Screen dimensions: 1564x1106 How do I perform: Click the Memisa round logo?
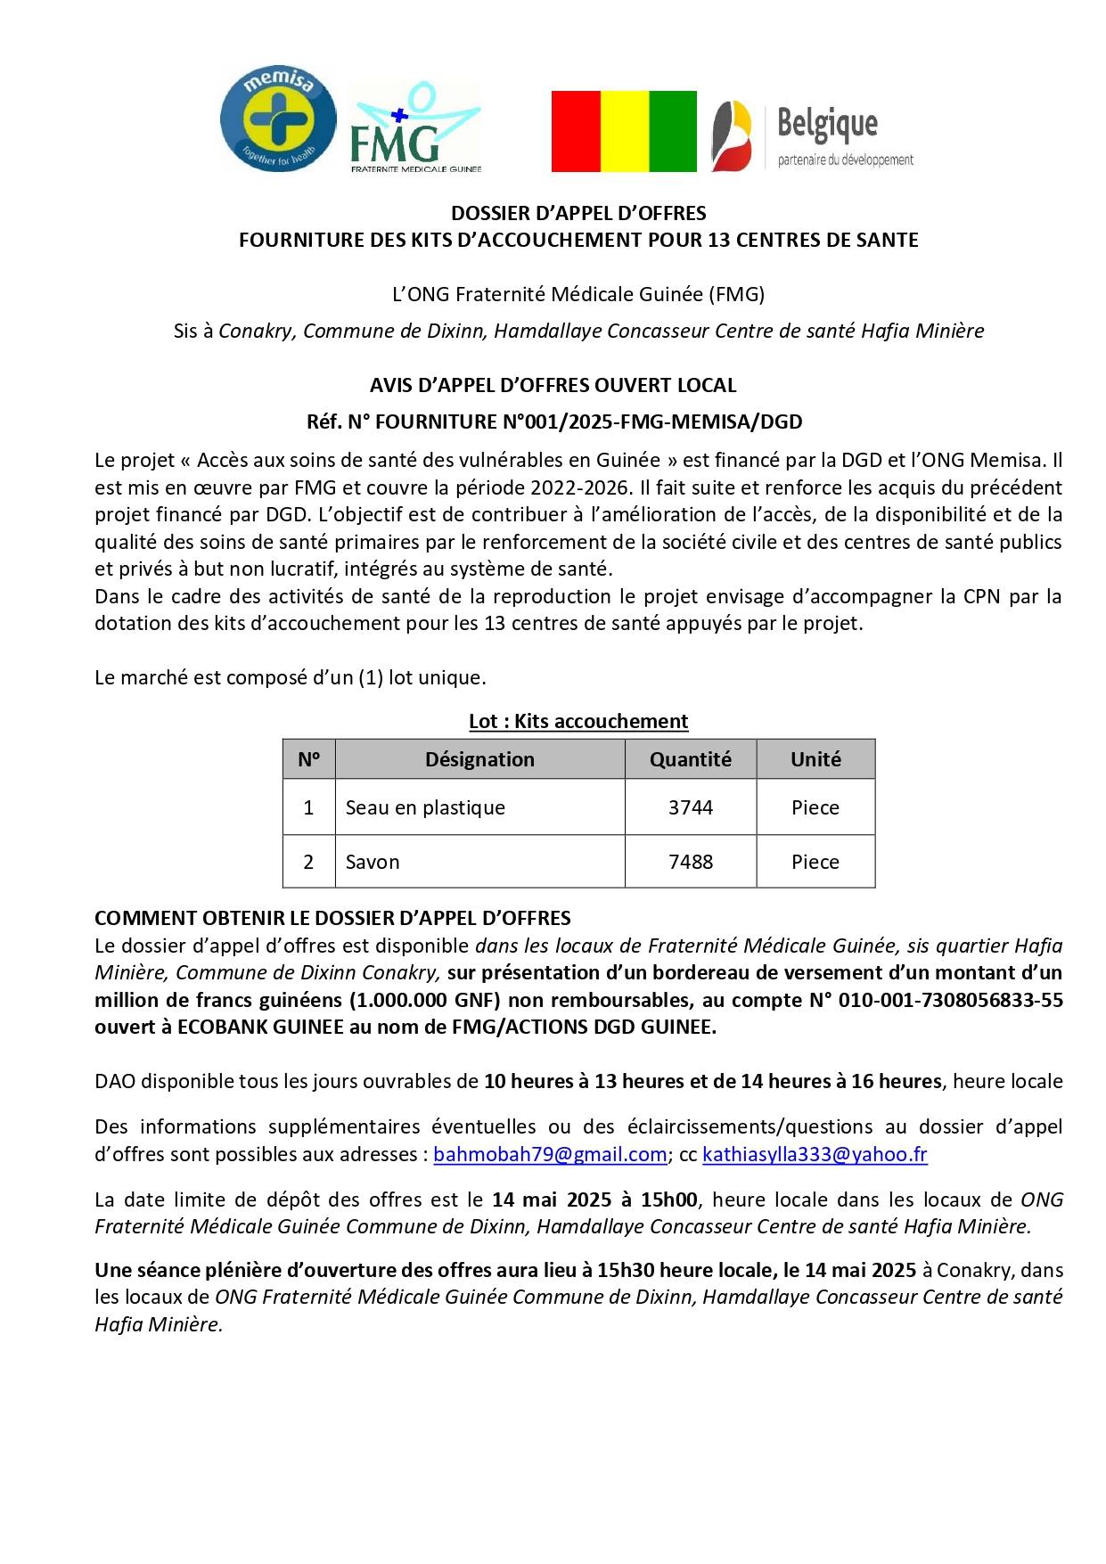[278, 119]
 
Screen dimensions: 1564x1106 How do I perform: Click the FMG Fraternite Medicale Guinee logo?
[414, 127]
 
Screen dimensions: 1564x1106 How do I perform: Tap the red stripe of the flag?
[576, 131]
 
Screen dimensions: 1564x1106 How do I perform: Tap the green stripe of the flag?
[673, 131]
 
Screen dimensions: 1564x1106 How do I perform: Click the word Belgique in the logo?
[827, 123]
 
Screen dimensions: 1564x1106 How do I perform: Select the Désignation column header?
[479, 759]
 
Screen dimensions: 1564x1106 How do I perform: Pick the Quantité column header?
[690, 759]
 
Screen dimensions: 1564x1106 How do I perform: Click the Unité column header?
[815, 759]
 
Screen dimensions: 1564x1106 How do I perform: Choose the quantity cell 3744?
[691, 807]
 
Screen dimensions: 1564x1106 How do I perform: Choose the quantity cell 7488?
[691, 862]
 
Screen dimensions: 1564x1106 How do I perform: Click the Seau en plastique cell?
[425, 807]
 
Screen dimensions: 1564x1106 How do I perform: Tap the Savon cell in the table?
[373, 862]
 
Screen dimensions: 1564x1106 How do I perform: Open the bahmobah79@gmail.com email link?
[550, 1154]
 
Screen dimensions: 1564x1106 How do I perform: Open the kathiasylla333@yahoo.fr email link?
[815, 1154]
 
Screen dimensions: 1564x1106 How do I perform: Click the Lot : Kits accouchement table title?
[578, 721]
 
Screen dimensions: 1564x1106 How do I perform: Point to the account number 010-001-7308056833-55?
[950, 1000]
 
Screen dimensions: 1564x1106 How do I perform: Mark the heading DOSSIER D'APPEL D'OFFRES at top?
[578, 213]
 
